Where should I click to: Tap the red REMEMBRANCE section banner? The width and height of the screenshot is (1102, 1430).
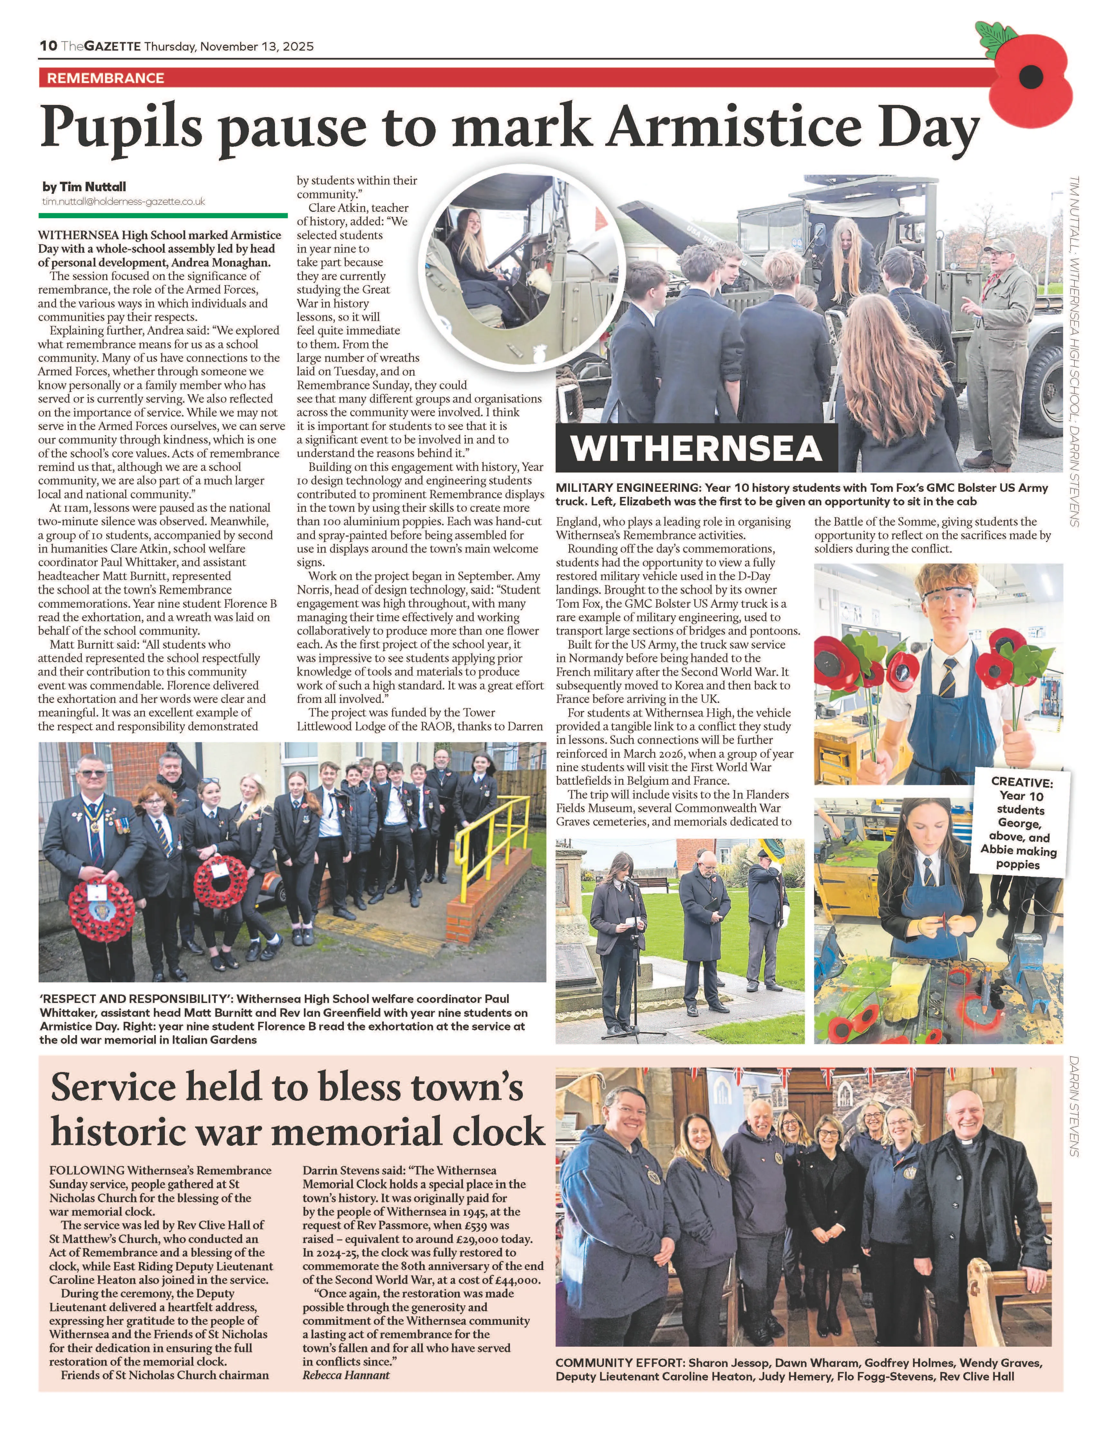pos(105,78)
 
